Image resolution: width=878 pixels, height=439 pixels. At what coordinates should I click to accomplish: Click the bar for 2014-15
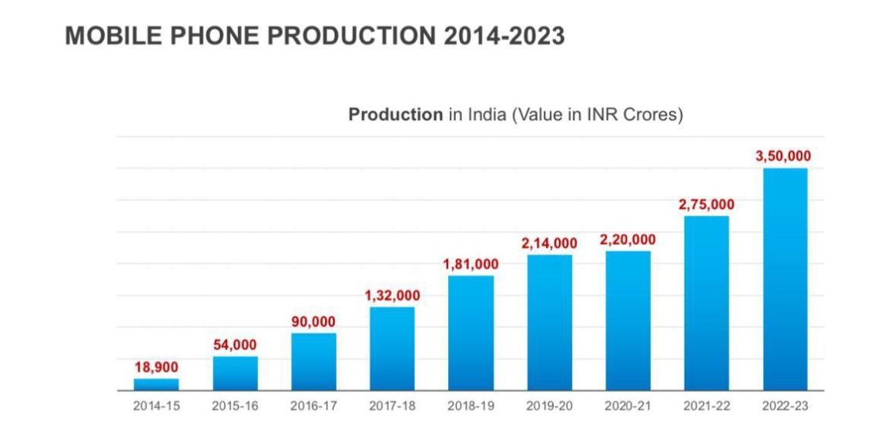(x=156, y=384)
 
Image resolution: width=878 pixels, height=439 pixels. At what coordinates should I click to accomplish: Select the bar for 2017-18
(x=392, y=348)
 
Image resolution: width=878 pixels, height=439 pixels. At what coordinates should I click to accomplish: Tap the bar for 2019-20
(x=549, y=322)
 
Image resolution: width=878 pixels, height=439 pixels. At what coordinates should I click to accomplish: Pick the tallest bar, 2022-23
(x=785, y=279)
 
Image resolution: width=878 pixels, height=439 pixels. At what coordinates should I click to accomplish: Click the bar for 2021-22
(x=706, y=303)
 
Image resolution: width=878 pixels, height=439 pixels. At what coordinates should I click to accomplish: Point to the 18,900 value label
(x=156, y=367)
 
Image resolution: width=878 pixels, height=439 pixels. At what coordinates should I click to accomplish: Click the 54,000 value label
(x=235, y=345)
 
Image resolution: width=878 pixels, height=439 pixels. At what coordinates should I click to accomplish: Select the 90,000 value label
(x=313, y=322)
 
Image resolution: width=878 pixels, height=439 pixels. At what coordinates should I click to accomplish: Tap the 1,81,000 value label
(x=471, y=264)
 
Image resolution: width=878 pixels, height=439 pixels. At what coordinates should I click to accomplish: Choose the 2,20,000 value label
(x=628, y=240)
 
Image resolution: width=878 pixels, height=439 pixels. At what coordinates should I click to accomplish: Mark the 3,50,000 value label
(x=783, y=156)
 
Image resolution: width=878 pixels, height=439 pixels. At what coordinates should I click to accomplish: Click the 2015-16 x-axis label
(x=235, y=406)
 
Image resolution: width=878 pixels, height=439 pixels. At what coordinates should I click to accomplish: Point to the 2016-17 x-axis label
(x=313, y=406)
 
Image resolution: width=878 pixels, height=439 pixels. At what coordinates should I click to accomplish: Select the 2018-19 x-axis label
(x=471, y=406)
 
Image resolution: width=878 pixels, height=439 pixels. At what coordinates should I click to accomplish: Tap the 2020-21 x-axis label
(x=628, y=406)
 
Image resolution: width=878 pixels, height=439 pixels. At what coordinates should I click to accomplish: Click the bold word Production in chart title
(x=395, y=115)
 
